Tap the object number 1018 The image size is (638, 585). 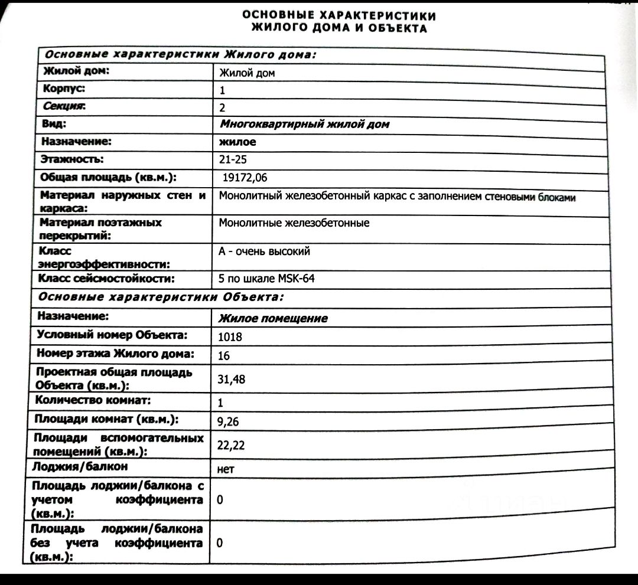point(230,337)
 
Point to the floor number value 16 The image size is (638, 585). point(224,356)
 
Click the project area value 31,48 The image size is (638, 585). point(231,380)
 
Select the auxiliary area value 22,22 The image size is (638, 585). point(231,446)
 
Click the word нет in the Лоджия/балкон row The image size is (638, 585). point(226,469)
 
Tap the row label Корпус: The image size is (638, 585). point(64,89)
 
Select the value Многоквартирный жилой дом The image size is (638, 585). point(304,125)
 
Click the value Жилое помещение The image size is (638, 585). point(273,319)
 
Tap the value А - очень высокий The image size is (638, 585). point(264,251)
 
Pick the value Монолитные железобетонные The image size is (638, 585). point(294,223)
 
